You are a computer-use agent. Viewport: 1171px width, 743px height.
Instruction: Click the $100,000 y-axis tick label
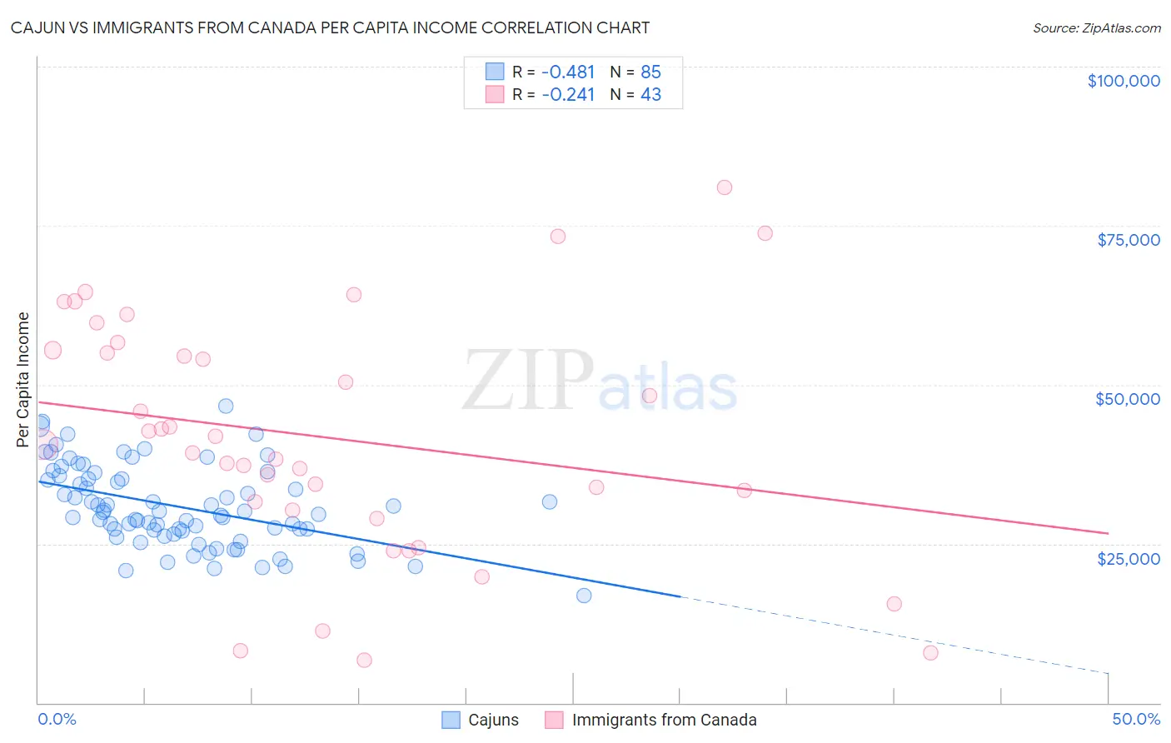click(x=1124, y=81)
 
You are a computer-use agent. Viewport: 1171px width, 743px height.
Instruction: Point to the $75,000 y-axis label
click(x=1129, y=240)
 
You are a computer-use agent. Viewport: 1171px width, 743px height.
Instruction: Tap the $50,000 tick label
click(x=1128, y=399)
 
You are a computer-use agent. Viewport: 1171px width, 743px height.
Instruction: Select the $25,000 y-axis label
click(x=1129, y=558)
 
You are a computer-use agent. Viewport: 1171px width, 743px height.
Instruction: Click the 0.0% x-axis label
click(x=57, y=720)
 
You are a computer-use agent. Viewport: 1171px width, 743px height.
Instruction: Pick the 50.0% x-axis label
click(x=1136, y=720)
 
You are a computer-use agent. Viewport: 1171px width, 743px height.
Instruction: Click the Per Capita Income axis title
click(x=23, y=379)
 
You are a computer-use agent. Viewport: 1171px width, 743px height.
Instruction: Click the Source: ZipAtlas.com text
click(x=1096, y=28)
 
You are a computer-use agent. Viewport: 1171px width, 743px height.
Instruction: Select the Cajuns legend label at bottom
click(x=493, y=721)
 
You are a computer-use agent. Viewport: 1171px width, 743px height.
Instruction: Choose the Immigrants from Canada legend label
click(x=664, y=721)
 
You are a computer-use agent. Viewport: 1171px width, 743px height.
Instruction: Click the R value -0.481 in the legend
click(x=568, y=72)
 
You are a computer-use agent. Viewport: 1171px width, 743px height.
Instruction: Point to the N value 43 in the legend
click(x=650, y=95)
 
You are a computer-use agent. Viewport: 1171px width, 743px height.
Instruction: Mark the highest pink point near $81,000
click(x=725, y=187)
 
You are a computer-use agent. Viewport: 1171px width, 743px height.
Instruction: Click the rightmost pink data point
click(x=930, y=653)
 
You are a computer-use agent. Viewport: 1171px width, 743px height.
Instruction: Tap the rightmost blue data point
click(x=584, y=596)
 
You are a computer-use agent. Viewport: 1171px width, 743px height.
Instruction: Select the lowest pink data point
click(x=364, y=661)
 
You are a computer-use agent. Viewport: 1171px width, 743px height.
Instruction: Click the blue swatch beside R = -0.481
click(x=495, y=72)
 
